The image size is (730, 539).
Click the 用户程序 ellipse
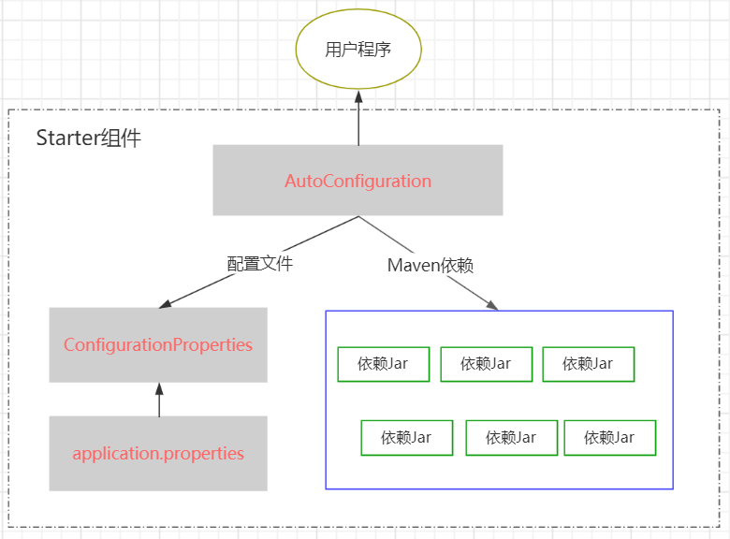[358, 50]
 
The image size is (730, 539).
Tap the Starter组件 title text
[88, 138]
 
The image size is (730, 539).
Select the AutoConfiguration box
[358, 181]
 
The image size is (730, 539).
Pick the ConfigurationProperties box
[158, 344]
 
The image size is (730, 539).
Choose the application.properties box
[158, 453]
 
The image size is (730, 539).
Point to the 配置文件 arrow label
[260, 264]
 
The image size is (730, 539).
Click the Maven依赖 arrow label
[431, 266]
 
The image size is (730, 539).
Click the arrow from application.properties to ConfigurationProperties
[159, 400]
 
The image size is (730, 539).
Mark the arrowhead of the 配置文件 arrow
[165, 304]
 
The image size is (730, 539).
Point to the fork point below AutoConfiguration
[358, 217]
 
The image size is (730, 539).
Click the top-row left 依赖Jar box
[383, 364]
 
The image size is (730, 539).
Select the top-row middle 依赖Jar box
[486, 364]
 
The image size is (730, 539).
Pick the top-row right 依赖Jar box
[588, 364]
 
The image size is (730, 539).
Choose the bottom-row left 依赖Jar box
[406, 437]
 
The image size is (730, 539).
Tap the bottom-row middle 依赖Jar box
[511, 437]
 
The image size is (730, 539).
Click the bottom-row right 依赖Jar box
[609, 437]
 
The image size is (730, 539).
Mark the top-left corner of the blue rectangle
[326, 311]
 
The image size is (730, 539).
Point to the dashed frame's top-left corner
[8, 109]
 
